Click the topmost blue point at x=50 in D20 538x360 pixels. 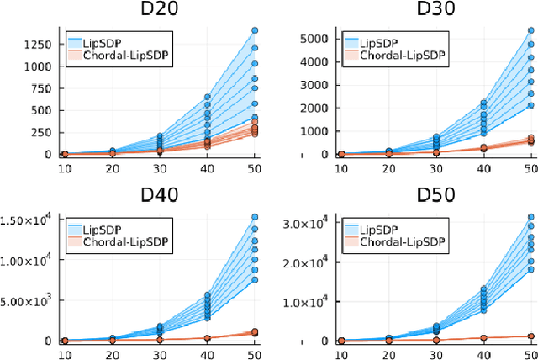pyautogui.click(x=254, y=30)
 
